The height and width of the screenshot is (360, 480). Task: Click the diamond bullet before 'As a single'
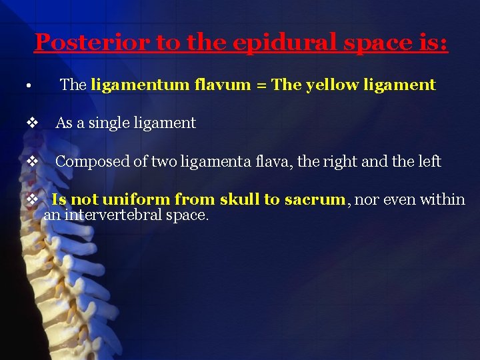[x=31, y=123]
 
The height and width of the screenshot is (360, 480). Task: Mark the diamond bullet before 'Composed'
[x=31, y=161]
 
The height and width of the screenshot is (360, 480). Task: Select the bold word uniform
[x=135, y=199]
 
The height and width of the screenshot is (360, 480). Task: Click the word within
[x=441, y=199]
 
